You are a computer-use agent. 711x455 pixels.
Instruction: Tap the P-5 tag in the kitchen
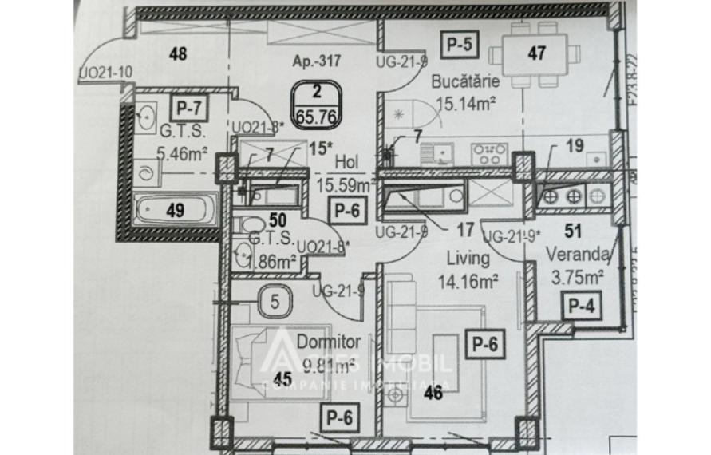(460, 46)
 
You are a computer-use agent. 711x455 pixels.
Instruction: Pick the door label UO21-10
(105, 73)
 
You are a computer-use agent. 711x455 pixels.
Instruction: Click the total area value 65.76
(314, 113)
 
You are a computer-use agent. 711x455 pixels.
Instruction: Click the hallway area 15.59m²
(346, 186)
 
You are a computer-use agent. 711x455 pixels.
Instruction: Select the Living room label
(467, 260)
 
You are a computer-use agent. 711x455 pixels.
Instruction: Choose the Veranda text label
(579, 255)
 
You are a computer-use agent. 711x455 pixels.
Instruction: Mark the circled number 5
(275, 303)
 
